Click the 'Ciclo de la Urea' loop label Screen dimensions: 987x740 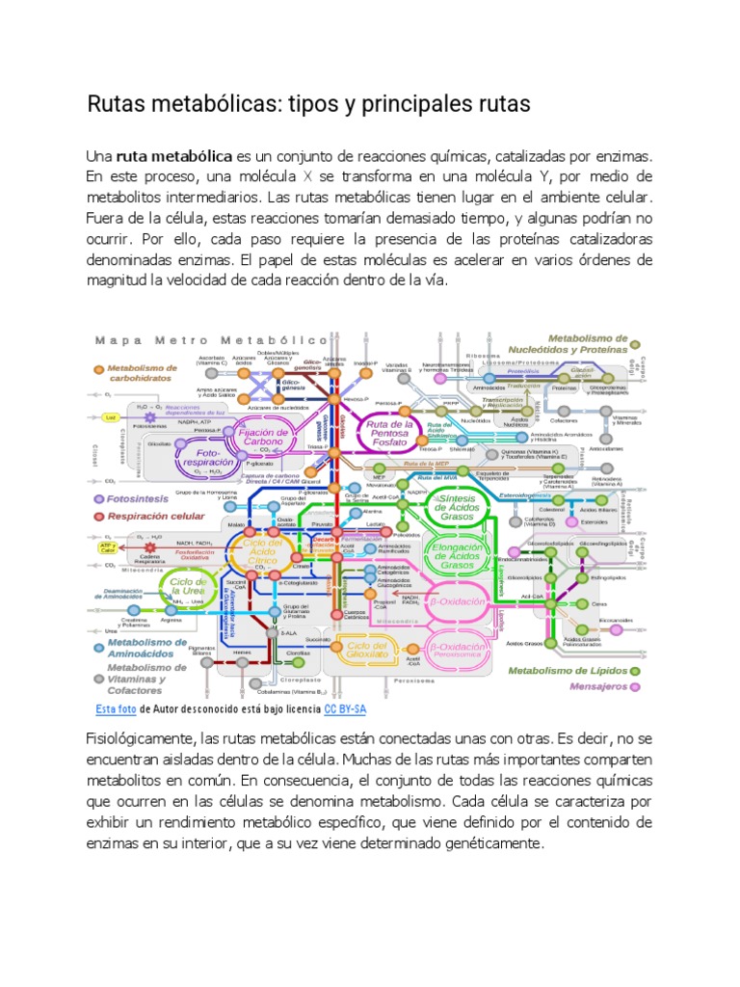coord(188,588)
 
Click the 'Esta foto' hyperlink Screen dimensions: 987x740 coord(116,709)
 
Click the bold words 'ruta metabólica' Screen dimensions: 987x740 coord(174,156)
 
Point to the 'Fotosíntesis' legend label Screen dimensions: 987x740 coord(139,498)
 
